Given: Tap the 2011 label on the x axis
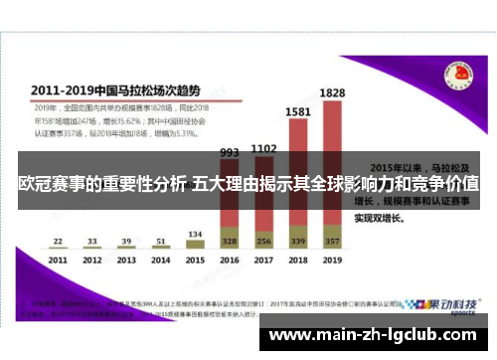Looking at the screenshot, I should pyautogui.click(x=58, y=260).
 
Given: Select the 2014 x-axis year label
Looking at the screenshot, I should pyautogui.click(x=160, y=260).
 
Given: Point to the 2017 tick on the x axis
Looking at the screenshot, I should pyautogui.click(x=263, y=260).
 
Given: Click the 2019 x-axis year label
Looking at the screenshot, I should pyautogui.click(x=331, y=260).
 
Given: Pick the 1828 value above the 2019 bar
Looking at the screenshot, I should pyautogui.click(x=332, y=92).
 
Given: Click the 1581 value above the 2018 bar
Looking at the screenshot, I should pyautogui.click(x=297, y=112).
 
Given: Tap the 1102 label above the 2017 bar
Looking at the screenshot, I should pyautogui.click(x=263, y=148).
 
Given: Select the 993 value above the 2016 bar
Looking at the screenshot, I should pyautogui.click(x=230, y=153).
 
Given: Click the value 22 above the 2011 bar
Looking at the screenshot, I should pyautogui.click(x=58, y=241).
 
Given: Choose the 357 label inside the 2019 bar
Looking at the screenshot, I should pyautogui.click(x=332, y=241).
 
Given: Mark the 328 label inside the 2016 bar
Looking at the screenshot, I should pyautogui.click(x=230, y=241).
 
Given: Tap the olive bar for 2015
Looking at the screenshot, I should pyautogui.click(x=195, y=243).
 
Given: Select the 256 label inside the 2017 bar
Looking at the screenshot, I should pyautogui.click(x=263, y=241).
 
